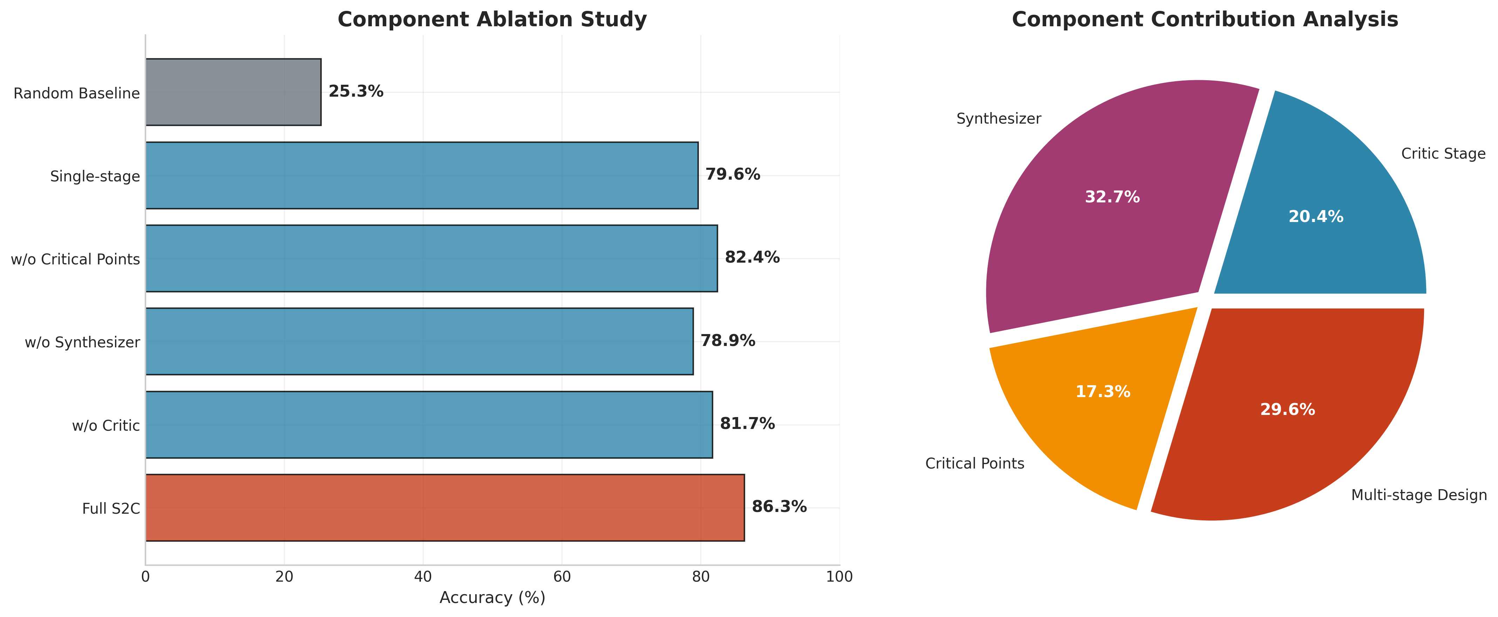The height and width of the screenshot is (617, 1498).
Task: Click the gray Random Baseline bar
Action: (x=233, y=92)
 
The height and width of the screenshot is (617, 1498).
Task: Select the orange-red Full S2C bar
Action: (x=444, y=507)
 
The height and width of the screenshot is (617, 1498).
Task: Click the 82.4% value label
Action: (x=752, y=257)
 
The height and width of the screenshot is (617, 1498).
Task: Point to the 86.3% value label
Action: (x=779, y=507)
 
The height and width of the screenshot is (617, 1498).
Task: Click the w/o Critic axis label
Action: (x=106, y=426)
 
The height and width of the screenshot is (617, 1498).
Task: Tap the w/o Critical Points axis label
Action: (x=76, y=259)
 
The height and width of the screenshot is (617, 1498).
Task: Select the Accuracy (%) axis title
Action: (x=492, y=598)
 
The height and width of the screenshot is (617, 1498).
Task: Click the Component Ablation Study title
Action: (x=492, y=20)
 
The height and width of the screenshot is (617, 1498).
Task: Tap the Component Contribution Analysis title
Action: (x=1205, y=20)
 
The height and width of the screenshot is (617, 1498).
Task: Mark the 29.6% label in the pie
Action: (x=1287, y=410)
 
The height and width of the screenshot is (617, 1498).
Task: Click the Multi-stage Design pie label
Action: (x=1419, y=495)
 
